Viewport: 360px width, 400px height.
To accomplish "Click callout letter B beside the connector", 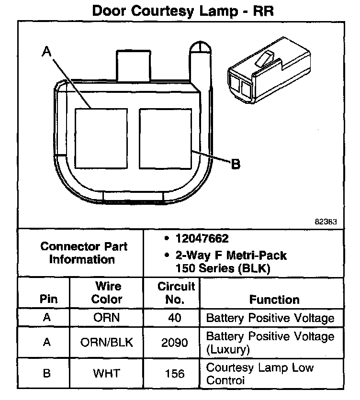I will (x=236, y=165).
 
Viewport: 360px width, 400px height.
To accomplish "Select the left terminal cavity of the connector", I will (x=101, y=138).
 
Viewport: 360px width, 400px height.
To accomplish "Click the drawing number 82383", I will (x=326, y=222).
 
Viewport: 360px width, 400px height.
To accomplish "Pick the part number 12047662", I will (x=202, y=238).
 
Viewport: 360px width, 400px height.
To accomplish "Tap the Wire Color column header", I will (x=106, y=293).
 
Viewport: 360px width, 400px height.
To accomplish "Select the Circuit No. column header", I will (x=176, y=293).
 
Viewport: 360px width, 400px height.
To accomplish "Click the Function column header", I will (x=274, y=300).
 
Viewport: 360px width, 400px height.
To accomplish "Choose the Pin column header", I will (x=48, y=300).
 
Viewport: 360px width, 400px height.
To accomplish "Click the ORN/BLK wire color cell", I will (x=106, y=343).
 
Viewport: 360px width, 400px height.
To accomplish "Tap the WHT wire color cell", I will (x=106, y=374).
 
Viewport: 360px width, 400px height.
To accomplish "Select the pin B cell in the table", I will (x=47, y=374).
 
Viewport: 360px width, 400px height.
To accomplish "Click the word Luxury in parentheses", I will (x=228, y=350).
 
